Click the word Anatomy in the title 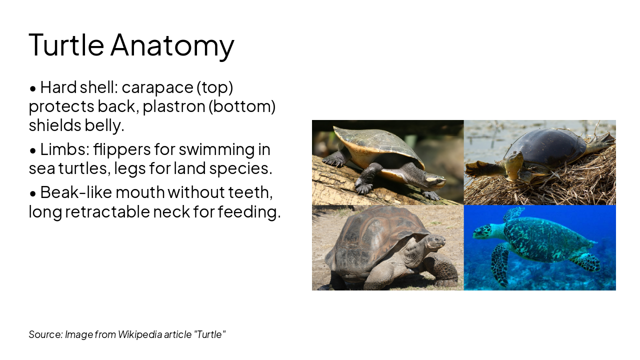172,45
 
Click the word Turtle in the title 66,44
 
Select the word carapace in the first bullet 157,87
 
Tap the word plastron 173,106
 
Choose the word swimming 216,149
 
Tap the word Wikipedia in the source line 140,334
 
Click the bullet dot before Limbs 33,150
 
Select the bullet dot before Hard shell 33,88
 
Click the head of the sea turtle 483,231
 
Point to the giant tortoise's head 435,241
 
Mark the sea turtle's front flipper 500,264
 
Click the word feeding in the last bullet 249,211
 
